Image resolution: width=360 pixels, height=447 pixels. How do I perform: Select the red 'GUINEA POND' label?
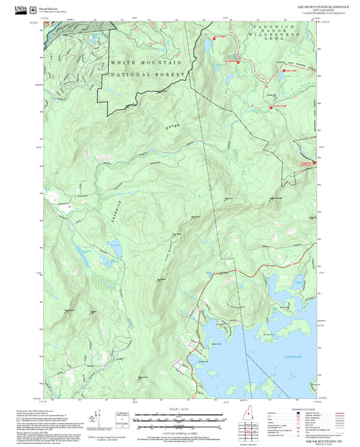278,106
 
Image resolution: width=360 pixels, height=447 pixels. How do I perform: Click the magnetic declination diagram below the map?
99,416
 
